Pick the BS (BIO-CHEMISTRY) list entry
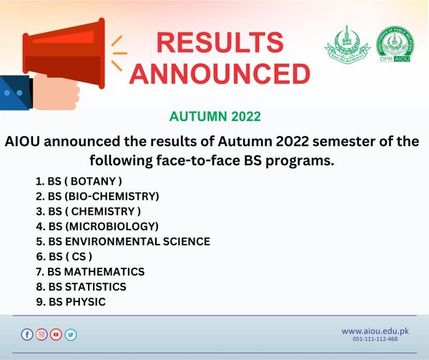(x=97, y=195)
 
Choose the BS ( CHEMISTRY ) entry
(x=88, y=210)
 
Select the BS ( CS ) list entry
(x=64, y=256)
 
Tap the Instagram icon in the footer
(x=41, y=334)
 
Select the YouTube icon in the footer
(x=56, y=334)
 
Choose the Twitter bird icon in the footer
(x=70, y=334)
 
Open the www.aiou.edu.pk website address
(x=375, y=331)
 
